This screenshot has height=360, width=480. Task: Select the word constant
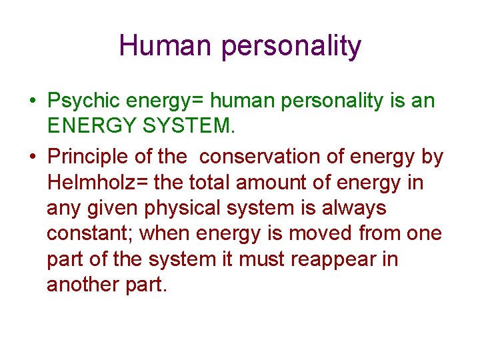click(89, 233)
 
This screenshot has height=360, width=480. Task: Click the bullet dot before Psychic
click(32, 102)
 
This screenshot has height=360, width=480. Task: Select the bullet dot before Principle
click(32, 157)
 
